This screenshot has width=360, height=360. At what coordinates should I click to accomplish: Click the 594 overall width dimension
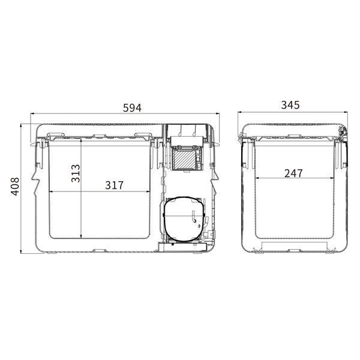[132, 108]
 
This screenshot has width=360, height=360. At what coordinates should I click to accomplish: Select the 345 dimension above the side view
[290, 105]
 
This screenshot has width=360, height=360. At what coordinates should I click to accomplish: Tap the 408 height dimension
[15, 186]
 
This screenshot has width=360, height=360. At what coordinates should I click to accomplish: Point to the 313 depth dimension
[76, 173]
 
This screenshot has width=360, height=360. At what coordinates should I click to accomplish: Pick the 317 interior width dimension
[115, 185]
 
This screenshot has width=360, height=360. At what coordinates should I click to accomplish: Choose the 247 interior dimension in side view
[293, 173]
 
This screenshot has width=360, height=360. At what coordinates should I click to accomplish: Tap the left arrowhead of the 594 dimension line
[32, 113]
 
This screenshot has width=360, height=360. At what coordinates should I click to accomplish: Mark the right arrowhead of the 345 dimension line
[346, 112]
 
